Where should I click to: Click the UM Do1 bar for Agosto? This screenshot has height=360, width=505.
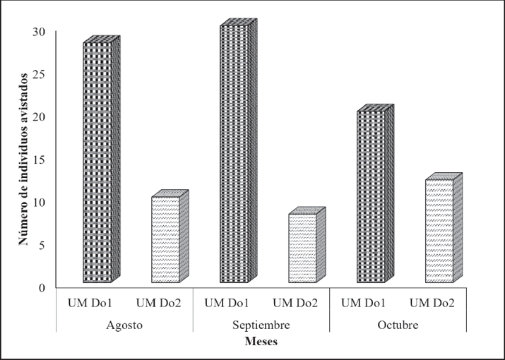click(x=97, y=162)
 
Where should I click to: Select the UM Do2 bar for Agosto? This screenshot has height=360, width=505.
click(x=165, y=240)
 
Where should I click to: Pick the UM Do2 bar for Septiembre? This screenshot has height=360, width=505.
click(x=302, y=248)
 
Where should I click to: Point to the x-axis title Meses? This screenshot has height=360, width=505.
click(x=261, y=342)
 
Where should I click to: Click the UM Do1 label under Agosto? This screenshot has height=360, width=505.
click(x=90, y=304)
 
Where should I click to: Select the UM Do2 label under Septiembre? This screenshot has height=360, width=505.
click(x=295, y=304)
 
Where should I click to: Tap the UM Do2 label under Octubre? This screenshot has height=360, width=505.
click(x=432, y=304)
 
